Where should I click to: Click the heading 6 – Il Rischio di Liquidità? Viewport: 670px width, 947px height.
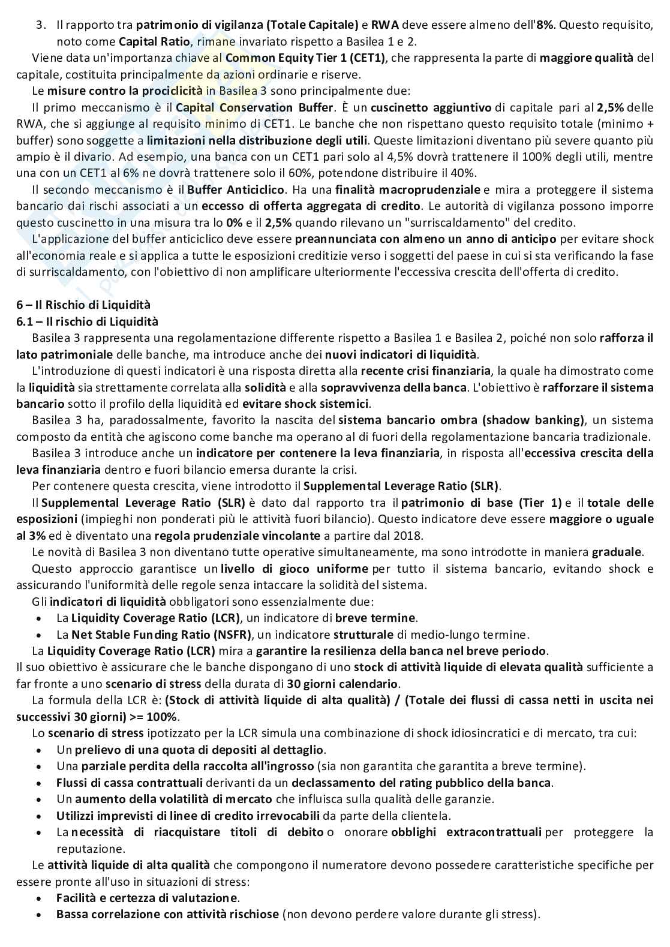(x=83, y=305)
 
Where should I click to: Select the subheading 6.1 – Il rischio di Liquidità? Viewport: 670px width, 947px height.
(x=87, y=321)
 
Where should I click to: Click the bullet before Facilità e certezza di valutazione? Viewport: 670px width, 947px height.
(x=40, y=898)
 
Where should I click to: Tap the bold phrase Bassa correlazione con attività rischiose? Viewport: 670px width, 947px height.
(x=167, y=915)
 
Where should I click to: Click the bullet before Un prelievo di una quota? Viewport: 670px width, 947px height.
(x=40, y=750)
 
